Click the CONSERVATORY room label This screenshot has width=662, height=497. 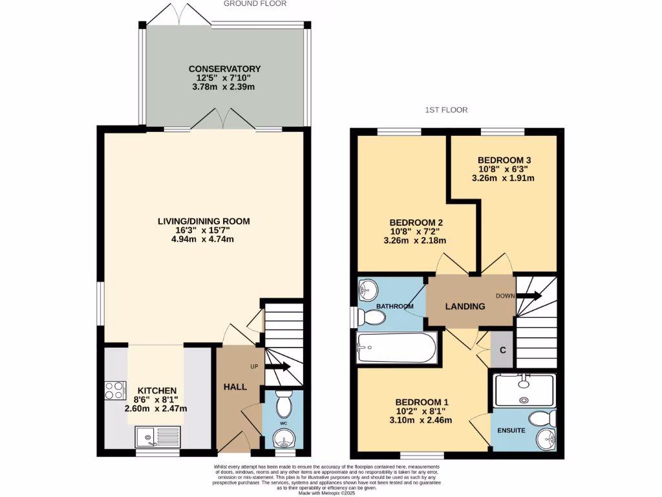click(224, 69)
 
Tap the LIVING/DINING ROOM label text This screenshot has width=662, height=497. click(204, 221)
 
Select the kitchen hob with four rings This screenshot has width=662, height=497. click(115, 391)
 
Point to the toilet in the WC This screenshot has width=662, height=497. click(283, 404)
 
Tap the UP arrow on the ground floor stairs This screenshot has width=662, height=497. click(280, 368)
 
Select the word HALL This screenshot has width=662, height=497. click(235, 386)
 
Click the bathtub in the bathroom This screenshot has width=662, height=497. click(396, 348)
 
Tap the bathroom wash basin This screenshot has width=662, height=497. click(370, 288)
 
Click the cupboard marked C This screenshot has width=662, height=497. click(502, 350)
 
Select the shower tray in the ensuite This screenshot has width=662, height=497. click(524, 391)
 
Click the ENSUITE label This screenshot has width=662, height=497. click(511, 430)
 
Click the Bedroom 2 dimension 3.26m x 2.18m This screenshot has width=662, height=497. click(416, 240)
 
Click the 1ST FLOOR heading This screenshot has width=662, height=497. click(446, 110)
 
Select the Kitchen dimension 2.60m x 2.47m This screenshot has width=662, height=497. click(156, 408)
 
